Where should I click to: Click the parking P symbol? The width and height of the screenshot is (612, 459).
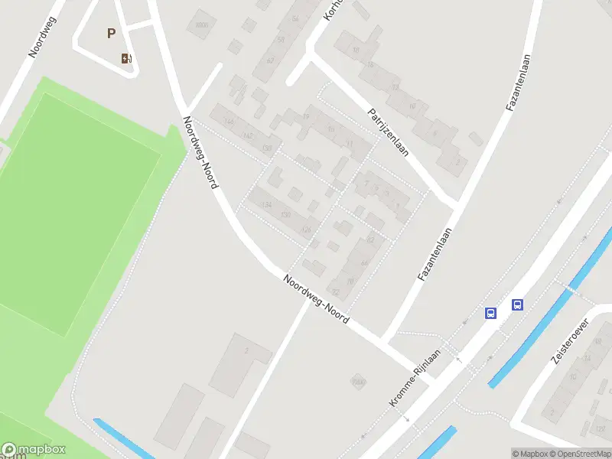(x=112, y=33)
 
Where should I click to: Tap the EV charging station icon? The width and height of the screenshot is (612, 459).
(x=126, y=58)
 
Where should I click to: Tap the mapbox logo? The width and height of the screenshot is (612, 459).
(x=34, y=450)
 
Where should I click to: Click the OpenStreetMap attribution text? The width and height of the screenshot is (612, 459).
(x=578, y=454)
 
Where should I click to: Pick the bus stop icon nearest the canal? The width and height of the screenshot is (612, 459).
(x=518, y=304)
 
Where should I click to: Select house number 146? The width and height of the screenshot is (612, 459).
(x=228, y=122)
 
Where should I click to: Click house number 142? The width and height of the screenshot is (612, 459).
(x=247, y=135)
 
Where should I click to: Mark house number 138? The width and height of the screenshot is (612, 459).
(x=267, y=148)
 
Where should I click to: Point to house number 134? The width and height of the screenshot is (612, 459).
(x=266, y=204)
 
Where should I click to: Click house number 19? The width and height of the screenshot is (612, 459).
(x=306, y=116)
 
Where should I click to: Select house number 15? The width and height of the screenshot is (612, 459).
(x=330, y=130)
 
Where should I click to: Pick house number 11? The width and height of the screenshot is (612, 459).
(x=350, y=143)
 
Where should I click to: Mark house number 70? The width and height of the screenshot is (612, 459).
(x=351, y=281)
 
